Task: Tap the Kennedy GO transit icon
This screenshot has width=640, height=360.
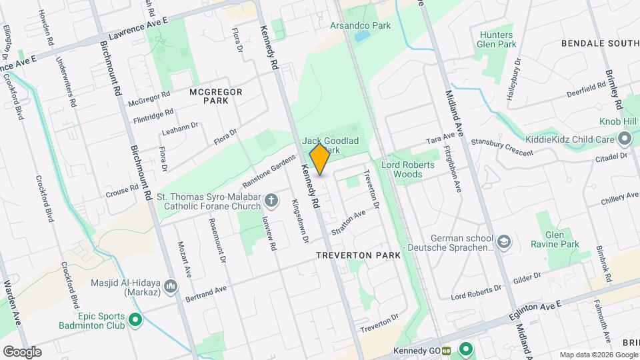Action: (465, 349)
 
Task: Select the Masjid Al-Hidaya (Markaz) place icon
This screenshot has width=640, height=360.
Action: (171, 286)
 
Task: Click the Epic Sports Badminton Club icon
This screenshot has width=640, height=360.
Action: (136, 321)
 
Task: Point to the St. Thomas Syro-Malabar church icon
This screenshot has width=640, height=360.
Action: (271, 200)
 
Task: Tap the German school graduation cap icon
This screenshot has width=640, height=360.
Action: (505, 241)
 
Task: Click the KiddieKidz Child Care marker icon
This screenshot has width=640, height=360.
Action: (625, 139)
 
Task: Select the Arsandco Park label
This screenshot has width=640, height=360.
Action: (360, 25)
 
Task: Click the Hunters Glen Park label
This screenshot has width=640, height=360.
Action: (496, 39)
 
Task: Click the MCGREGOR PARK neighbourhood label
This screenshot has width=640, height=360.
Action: (215, 95)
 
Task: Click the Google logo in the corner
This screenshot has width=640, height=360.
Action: (22, 351)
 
